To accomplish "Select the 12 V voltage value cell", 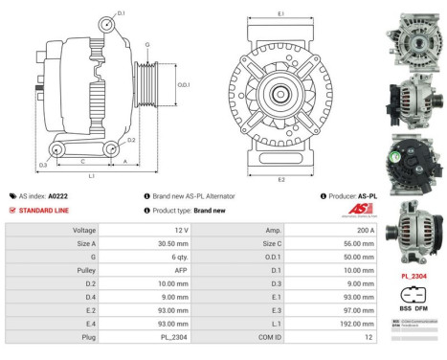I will coord(181,231).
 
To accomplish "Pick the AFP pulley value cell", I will coord(181,271).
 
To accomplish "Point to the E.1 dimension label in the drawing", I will coord(280,13).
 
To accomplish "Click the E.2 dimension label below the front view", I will coord(280,179).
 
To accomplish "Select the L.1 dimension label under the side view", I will coord(91,176).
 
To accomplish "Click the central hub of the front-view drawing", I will coord(280,94).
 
